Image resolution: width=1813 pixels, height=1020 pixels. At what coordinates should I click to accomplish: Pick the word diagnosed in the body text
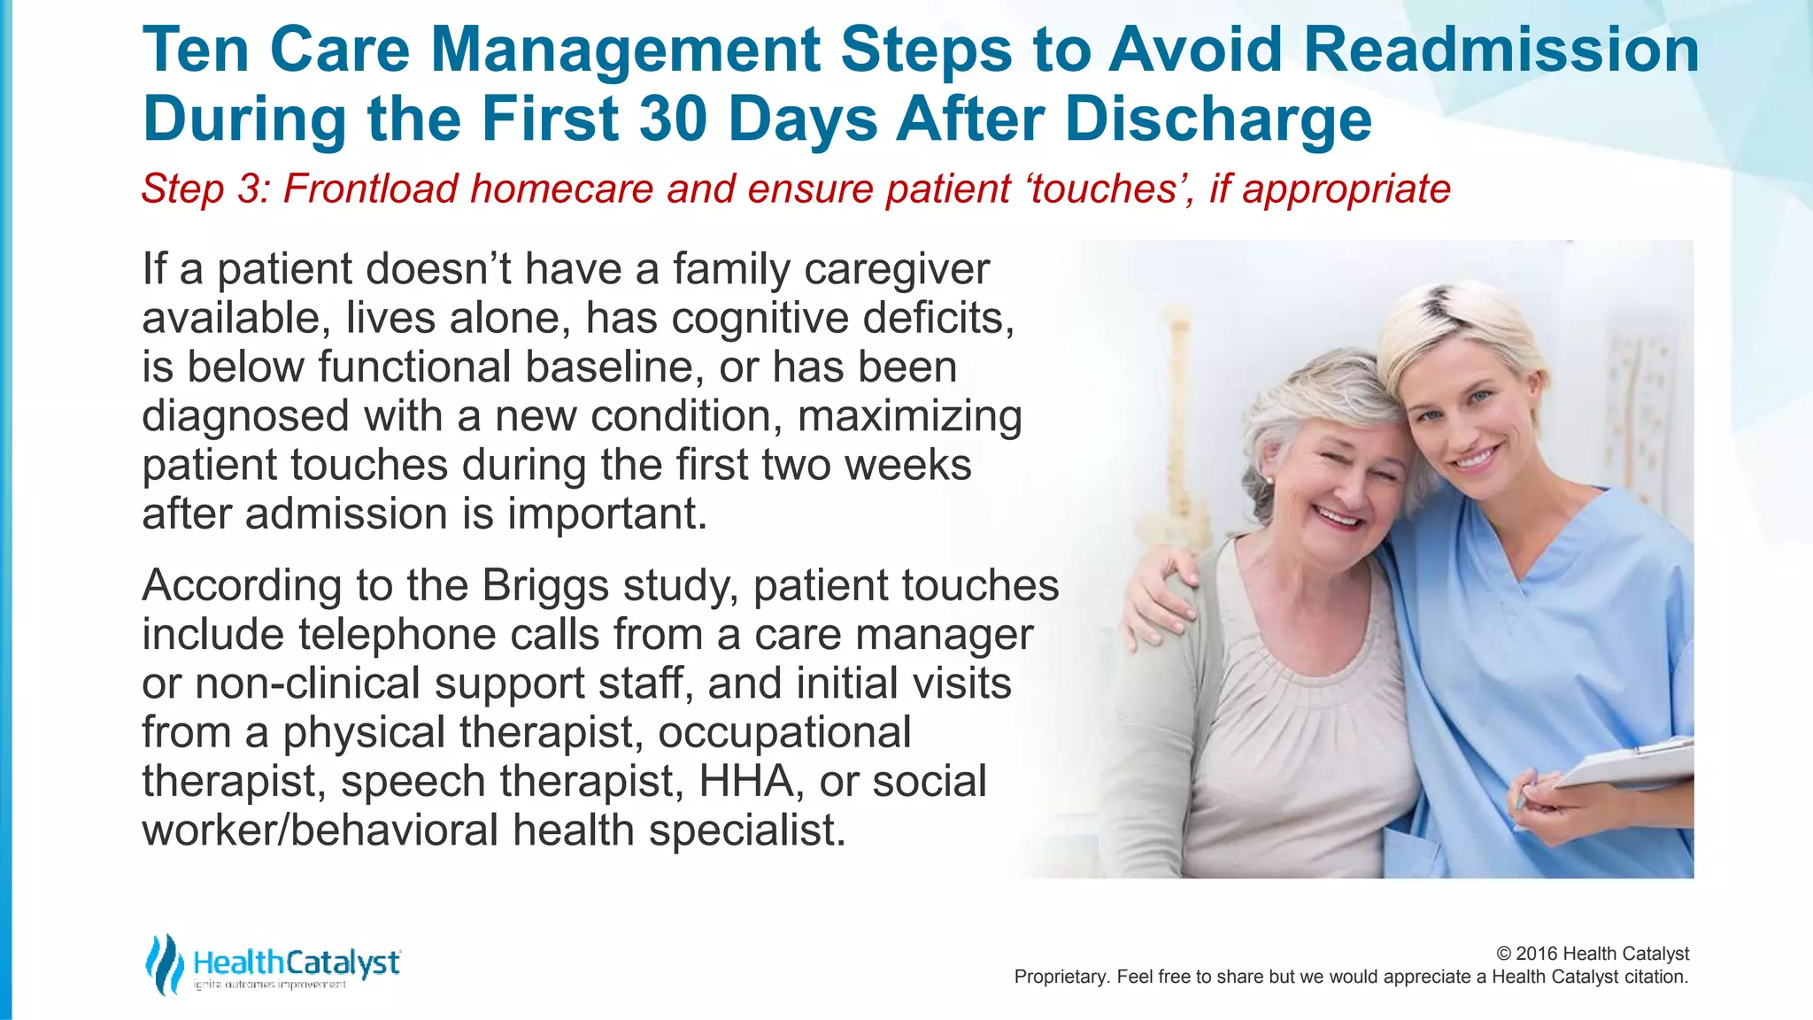[245, 417]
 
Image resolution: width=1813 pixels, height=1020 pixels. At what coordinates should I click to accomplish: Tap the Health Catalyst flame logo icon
[164, 964]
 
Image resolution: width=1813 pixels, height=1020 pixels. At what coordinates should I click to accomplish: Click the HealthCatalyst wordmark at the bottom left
[296, 962]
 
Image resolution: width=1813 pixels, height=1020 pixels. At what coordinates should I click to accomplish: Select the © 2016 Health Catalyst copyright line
[1592, 954]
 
